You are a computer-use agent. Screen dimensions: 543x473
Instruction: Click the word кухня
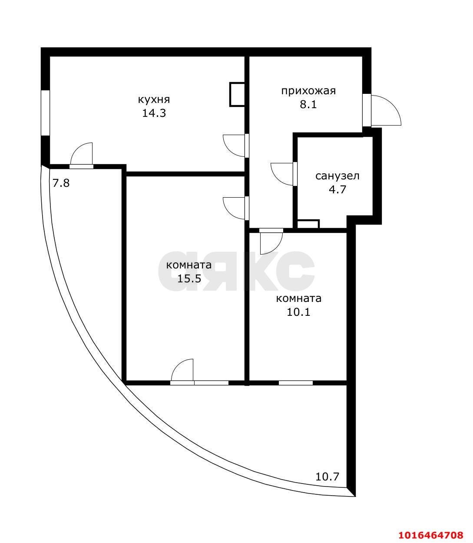[x=154, y=99]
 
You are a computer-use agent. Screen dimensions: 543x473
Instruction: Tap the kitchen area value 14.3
[x=154, y=113]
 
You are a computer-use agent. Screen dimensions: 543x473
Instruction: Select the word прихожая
[x=308, y=91]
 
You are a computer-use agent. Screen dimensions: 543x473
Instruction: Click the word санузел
[x=337, y=176]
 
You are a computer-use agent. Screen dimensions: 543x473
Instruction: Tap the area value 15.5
[x=189, y=278]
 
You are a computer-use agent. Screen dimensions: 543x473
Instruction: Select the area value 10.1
[x=298, y=312]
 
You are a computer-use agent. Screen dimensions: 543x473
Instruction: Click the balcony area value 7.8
[x=61, y=183]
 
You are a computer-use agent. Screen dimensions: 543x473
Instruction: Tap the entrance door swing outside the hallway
[x=385, y=111]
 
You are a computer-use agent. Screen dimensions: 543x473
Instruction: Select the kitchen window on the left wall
[x=45, y=113]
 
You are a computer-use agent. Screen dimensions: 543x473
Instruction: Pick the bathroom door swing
[x=282, y=173]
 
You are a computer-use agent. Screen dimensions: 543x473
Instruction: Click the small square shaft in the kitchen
[x=237, y=94]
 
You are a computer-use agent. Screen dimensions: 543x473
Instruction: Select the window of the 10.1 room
[x=295, y=383]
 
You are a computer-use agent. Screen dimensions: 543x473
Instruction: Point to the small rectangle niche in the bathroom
[x=308, y=224]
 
